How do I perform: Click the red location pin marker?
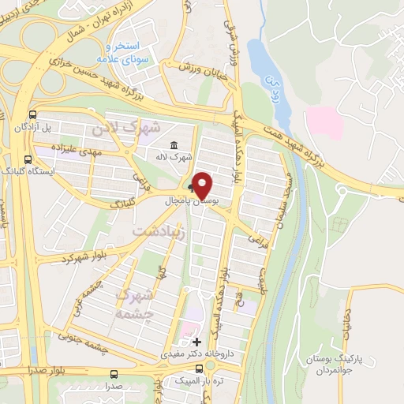coord(202,185)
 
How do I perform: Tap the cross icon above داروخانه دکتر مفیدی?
coord(196,342)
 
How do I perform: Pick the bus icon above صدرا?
coord(115,374)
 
